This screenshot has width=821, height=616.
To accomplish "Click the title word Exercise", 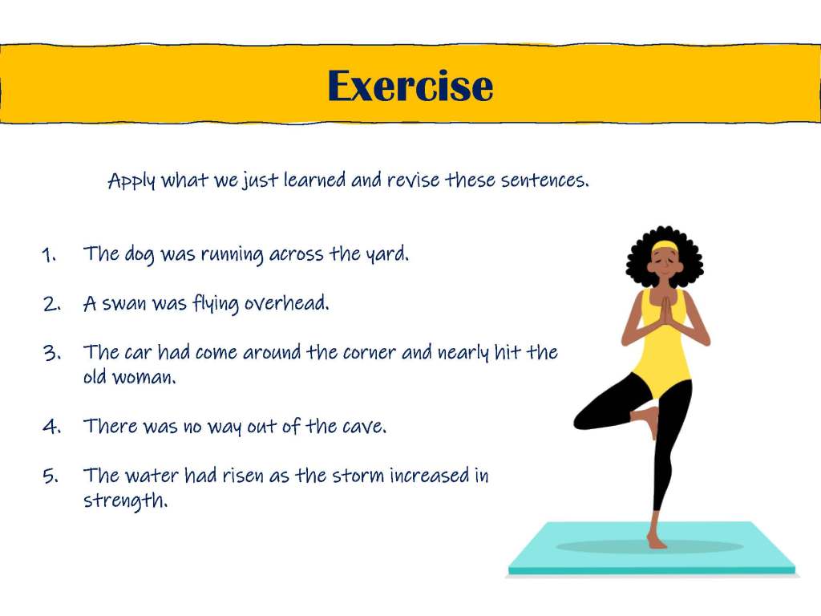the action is point(410,85).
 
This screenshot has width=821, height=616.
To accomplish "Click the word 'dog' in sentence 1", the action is point(139,255).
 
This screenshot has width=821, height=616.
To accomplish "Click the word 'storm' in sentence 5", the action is point(358,476).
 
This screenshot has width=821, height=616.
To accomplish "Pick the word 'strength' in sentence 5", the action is point(125,500).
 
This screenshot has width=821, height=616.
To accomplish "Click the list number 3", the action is point(51,353).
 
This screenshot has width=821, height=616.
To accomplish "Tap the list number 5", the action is point(51,476).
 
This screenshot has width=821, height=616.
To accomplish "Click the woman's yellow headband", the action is point(665,245).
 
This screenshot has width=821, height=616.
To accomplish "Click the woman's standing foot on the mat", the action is point(656,541).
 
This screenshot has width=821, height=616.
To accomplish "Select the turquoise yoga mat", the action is point(652,548).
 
